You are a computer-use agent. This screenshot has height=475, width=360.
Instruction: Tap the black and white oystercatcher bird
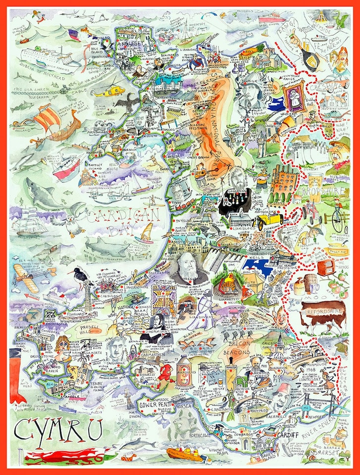(80, 277)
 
